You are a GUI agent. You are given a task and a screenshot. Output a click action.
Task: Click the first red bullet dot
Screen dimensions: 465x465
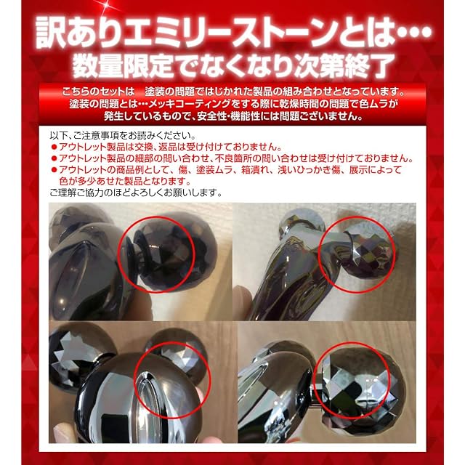coord(54,147)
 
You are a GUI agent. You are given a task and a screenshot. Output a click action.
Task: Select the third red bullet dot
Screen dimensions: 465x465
coord(54,170)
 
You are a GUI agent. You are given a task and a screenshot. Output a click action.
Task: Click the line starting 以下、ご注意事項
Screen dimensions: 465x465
coord(123,136)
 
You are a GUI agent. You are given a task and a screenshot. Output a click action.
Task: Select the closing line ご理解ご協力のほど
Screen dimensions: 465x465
coord(136,193)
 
